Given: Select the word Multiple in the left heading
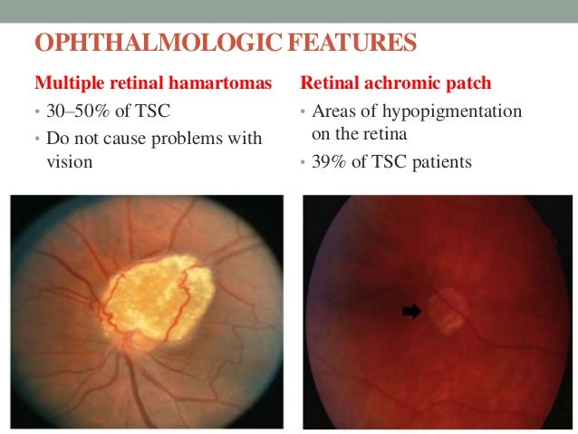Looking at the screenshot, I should pyautogui.click(x=64, y=83).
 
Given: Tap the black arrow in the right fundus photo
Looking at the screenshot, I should pyautogui.click(x=412, y=311).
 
